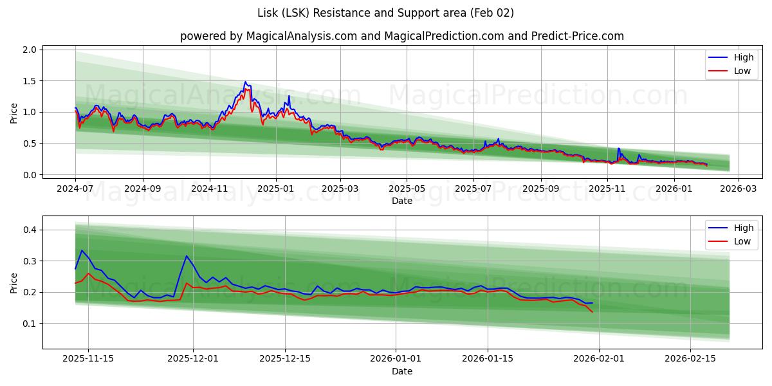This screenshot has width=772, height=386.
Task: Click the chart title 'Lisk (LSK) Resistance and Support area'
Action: [x=386, y=13]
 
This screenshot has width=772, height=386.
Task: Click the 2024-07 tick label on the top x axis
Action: [x=75, y=189]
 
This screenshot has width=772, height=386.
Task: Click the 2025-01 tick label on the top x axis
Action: [x=276, y=189]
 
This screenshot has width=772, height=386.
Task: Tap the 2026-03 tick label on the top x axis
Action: [x=738, y=189]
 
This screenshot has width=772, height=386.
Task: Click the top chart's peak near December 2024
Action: [x=245, y=82]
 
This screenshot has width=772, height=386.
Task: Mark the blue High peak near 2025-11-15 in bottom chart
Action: [x=82, y=250]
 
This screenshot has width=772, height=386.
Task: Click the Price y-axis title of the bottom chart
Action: [x=14, y=282]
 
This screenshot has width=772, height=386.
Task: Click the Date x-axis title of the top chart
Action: [x=401, y=201]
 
